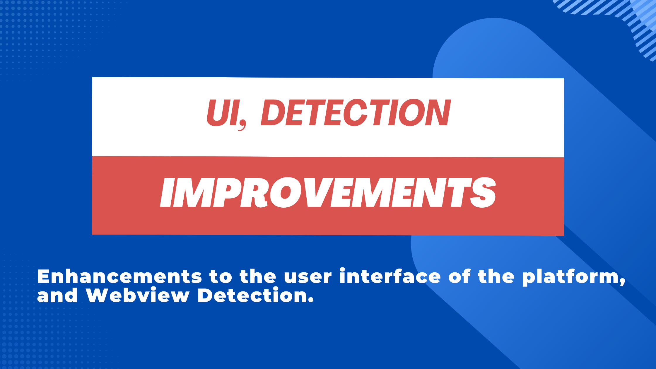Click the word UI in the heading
coord(223,113)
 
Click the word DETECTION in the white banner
coord(356,113)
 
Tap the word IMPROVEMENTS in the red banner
coord(328,192)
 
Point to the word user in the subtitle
coord(307,277)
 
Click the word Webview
coord(138,295)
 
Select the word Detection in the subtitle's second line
coord(252,295)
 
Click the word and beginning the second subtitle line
coord(57,295)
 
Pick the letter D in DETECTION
coord(274,113)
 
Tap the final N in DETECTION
coord(437,113)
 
